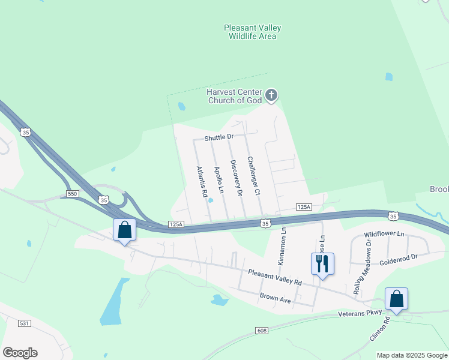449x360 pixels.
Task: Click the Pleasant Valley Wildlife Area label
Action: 252,32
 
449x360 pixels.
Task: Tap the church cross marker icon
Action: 271,95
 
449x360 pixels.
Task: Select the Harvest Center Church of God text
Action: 235,96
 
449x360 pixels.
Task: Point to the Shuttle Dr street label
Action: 218,137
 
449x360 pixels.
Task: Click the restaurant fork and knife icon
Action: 322,263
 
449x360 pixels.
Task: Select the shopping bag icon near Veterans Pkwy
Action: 396,298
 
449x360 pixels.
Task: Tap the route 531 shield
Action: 25,323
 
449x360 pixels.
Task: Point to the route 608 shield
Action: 261,331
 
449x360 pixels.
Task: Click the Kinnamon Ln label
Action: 282,247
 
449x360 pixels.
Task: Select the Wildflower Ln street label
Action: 384,233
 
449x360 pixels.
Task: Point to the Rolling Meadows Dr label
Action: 363,268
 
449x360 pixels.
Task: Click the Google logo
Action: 20,353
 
